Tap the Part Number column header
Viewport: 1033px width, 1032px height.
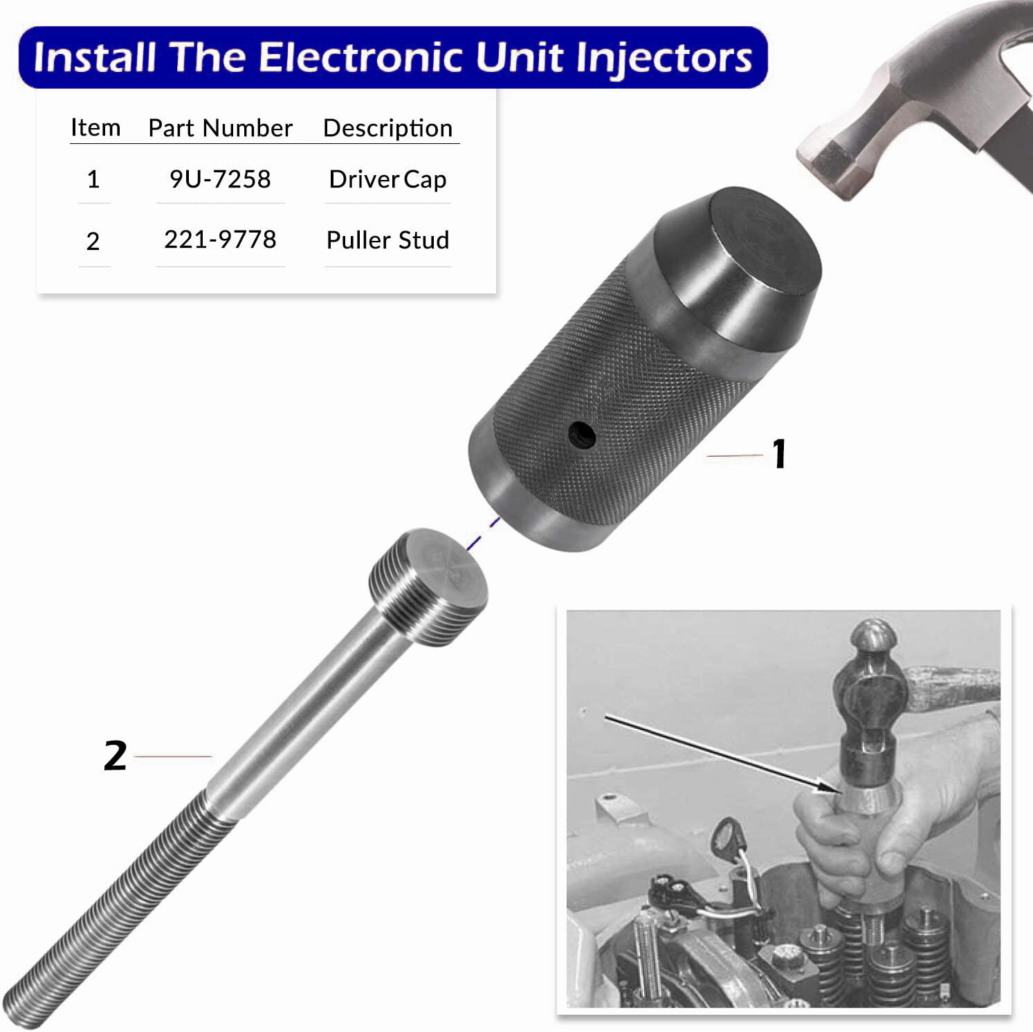tap(220, 128)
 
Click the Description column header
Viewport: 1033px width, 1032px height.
tap(387, 128)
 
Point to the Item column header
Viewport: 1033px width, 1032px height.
tap(95, 128)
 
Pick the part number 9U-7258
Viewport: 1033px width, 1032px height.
tap(220, 179)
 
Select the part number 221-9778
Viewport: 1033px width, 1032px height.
tap(220, 239)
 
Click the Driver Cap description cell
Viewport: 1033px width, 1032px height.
tap(387, 179)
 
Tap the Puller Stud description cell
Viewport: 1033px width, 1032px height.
tap(387, 240)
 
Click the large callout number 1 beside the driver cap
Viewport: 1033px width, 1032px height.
tap(779, 454)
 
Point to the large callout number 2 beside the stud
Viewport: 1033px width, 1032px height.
tap(116, 756)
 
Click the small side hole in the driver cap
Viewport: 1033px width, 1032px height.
tap(582, 435)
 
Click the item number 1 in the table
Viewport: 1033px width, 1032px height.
tap(93, 180)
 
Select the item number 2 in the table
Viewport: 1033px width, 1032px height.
tap(93, 241)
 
